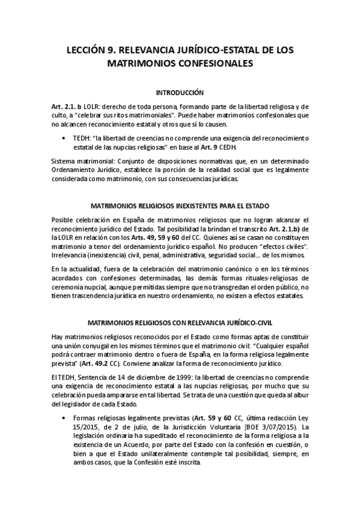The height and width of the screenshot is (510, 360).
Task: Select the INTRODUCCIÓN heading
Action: (x=180, y=93)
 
